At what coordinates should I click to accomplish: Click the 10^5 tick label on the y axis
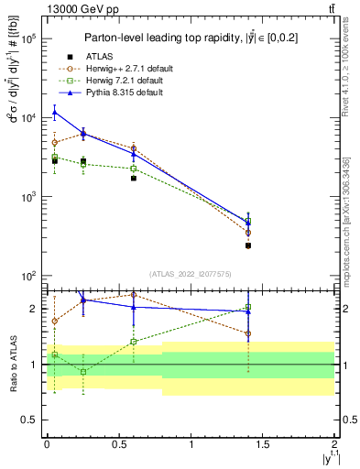click(27, 39)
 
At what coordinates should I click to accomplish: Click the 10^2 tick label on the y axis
click(27, 276)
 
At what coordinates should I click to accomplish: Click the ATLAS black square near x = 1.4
click(248, 245)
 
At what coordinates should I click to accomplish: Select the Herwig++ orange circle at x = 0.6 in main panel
click(133, 147)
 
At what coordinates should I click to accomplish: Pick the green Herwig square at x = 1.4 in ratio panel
click(248, 307)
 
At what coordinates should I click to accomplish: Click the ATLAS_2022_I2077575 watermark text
click(191, 273)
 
